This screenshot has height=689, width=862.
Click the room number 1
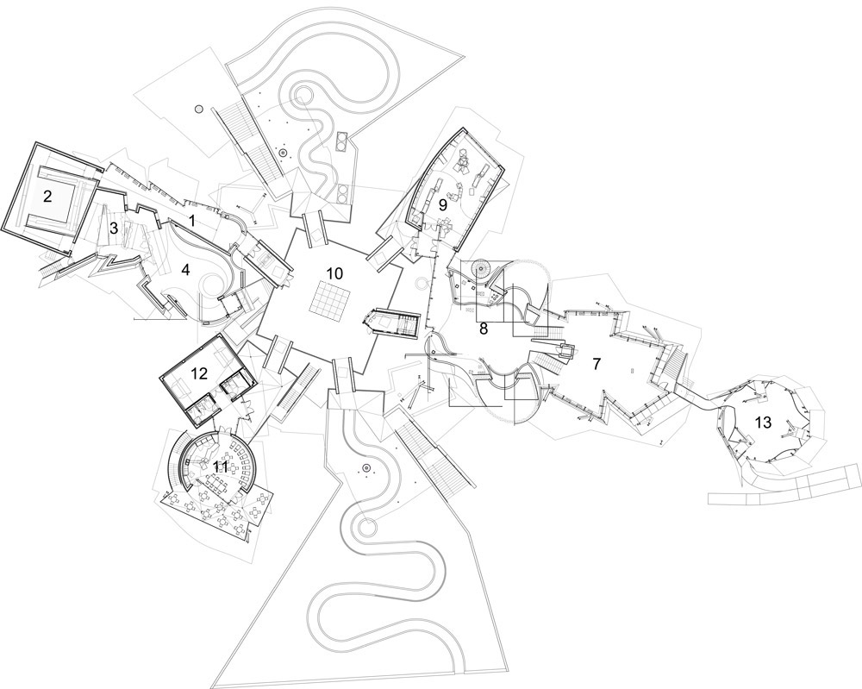pyautogui.click(x=192, y=221)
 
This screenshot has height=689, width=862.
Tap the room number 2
pyautogui.click(x=47, y=197)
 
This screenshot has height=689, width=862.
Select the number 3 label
pyautogui.click(x=114, y=228)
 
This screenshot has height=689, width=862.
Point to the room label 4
pyautogui.click(x=185, y=270)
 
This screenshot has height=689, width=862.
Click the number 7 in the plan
pyautogui.click(x=597, y=363)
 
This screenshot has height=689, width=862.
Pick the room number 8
pyautogui.click(x=484, y=329)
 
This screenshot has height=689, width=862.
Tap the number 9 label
pyautogui.click(x=442, y=205)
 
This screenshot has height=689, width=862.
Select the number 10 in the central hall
pyautogui.click(x=334, y=273)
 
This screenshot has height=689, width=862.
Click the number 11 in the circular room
pyautogui.click(x=221, y=467)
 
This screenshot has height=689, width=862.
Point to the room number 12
pyautogui.click(x=199, y=374)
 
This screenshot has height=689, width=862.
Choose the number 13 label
pyautogui.click(x=763, y=423)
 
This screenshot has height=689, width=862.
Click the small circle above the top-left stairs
pyautogui.click(x=198, y=110)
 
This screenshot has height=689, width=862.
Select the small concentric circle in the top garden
pyautogui.click(x=283, y=153)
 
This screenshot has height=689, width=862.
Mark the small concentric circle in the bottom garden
pyautogui.click(x=365, y=468)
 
